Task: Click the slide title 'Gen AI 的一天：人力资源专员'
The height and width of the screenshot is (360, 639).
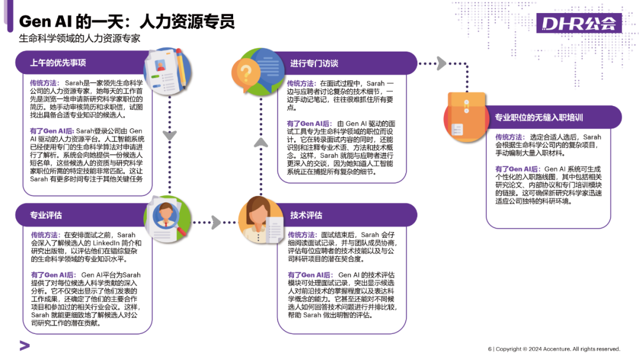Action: pyautogui.click(x=127, y=22)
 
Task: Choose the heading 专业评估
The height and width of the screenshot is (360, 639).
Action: pyautogui.click(x=46, y=215)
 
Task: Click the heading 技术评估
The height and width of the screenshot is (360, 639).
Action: pyautogui.click(x=306, y=215)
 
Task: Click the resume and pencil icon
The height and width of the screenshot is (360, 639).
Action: pyautogui.click(x=167, y=70)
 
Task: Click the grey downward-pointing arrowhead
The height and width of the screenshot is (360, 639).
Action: pyautogui.click(x=170, y=134)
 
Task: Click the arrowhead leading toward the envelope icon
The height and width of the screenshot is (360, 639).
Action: pyautogui.click(x=441, y=63)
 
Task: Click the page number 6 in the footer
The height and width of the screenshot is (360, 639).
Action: pyautogui.click(x=489, y=349)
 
